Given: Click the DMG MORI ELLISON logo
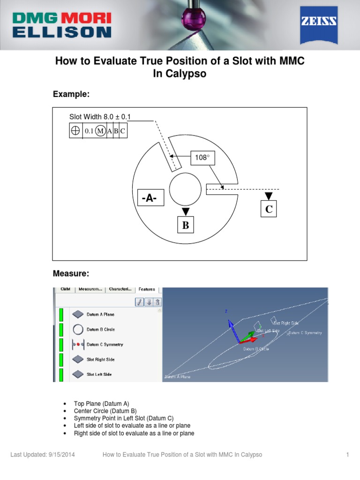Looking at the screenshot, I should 61,24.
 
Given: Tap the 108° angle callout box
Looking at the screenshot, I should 202,158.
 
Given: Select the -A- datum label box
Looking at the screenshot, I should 150,199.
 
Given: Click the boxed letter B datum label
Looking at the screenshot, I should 186,225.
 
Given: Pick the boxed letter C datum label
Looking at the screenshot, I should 269,209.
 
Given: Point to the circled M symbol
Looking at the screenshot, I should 100,131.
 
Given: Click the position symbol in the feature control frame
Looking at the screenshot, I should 75,131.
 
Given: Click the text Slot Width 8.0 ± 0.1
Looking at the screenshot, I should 100,116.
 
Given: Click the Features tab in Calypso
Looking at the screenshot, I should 147,289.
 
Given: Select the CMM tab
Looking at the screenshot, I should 65,289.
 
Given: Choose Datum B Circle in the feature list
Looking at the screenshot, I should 100,330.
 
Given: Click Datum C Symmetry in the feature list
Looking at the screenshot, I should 105,345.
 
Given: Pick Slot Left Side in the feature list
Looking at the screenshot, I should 99,375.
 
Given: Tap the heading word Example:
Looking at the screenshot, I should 71,94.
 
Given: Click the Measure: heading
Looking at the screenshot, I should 71,273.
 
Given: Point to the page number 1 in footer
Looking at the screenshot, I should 348,455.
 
